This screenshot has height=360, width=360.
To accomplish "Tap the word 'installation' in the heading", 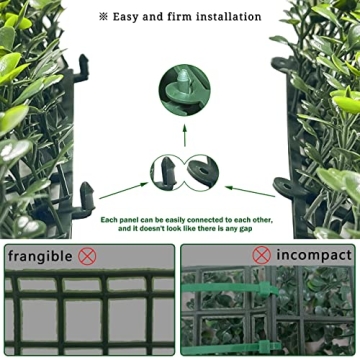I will coord(227,17).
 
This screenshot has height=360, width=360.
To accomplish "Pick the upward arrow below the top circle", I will coord(184,136).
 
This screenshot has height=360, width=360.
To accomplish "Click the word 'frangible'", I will coord(40,256).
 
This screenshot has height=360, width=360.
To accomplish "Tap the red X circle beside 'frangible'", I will coord(88,256).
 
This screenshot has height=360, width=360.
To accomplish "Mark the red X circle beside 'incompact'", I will coord(262,256).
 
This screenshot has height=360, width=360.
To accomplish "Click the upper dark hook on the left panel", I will coord(80,68).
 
